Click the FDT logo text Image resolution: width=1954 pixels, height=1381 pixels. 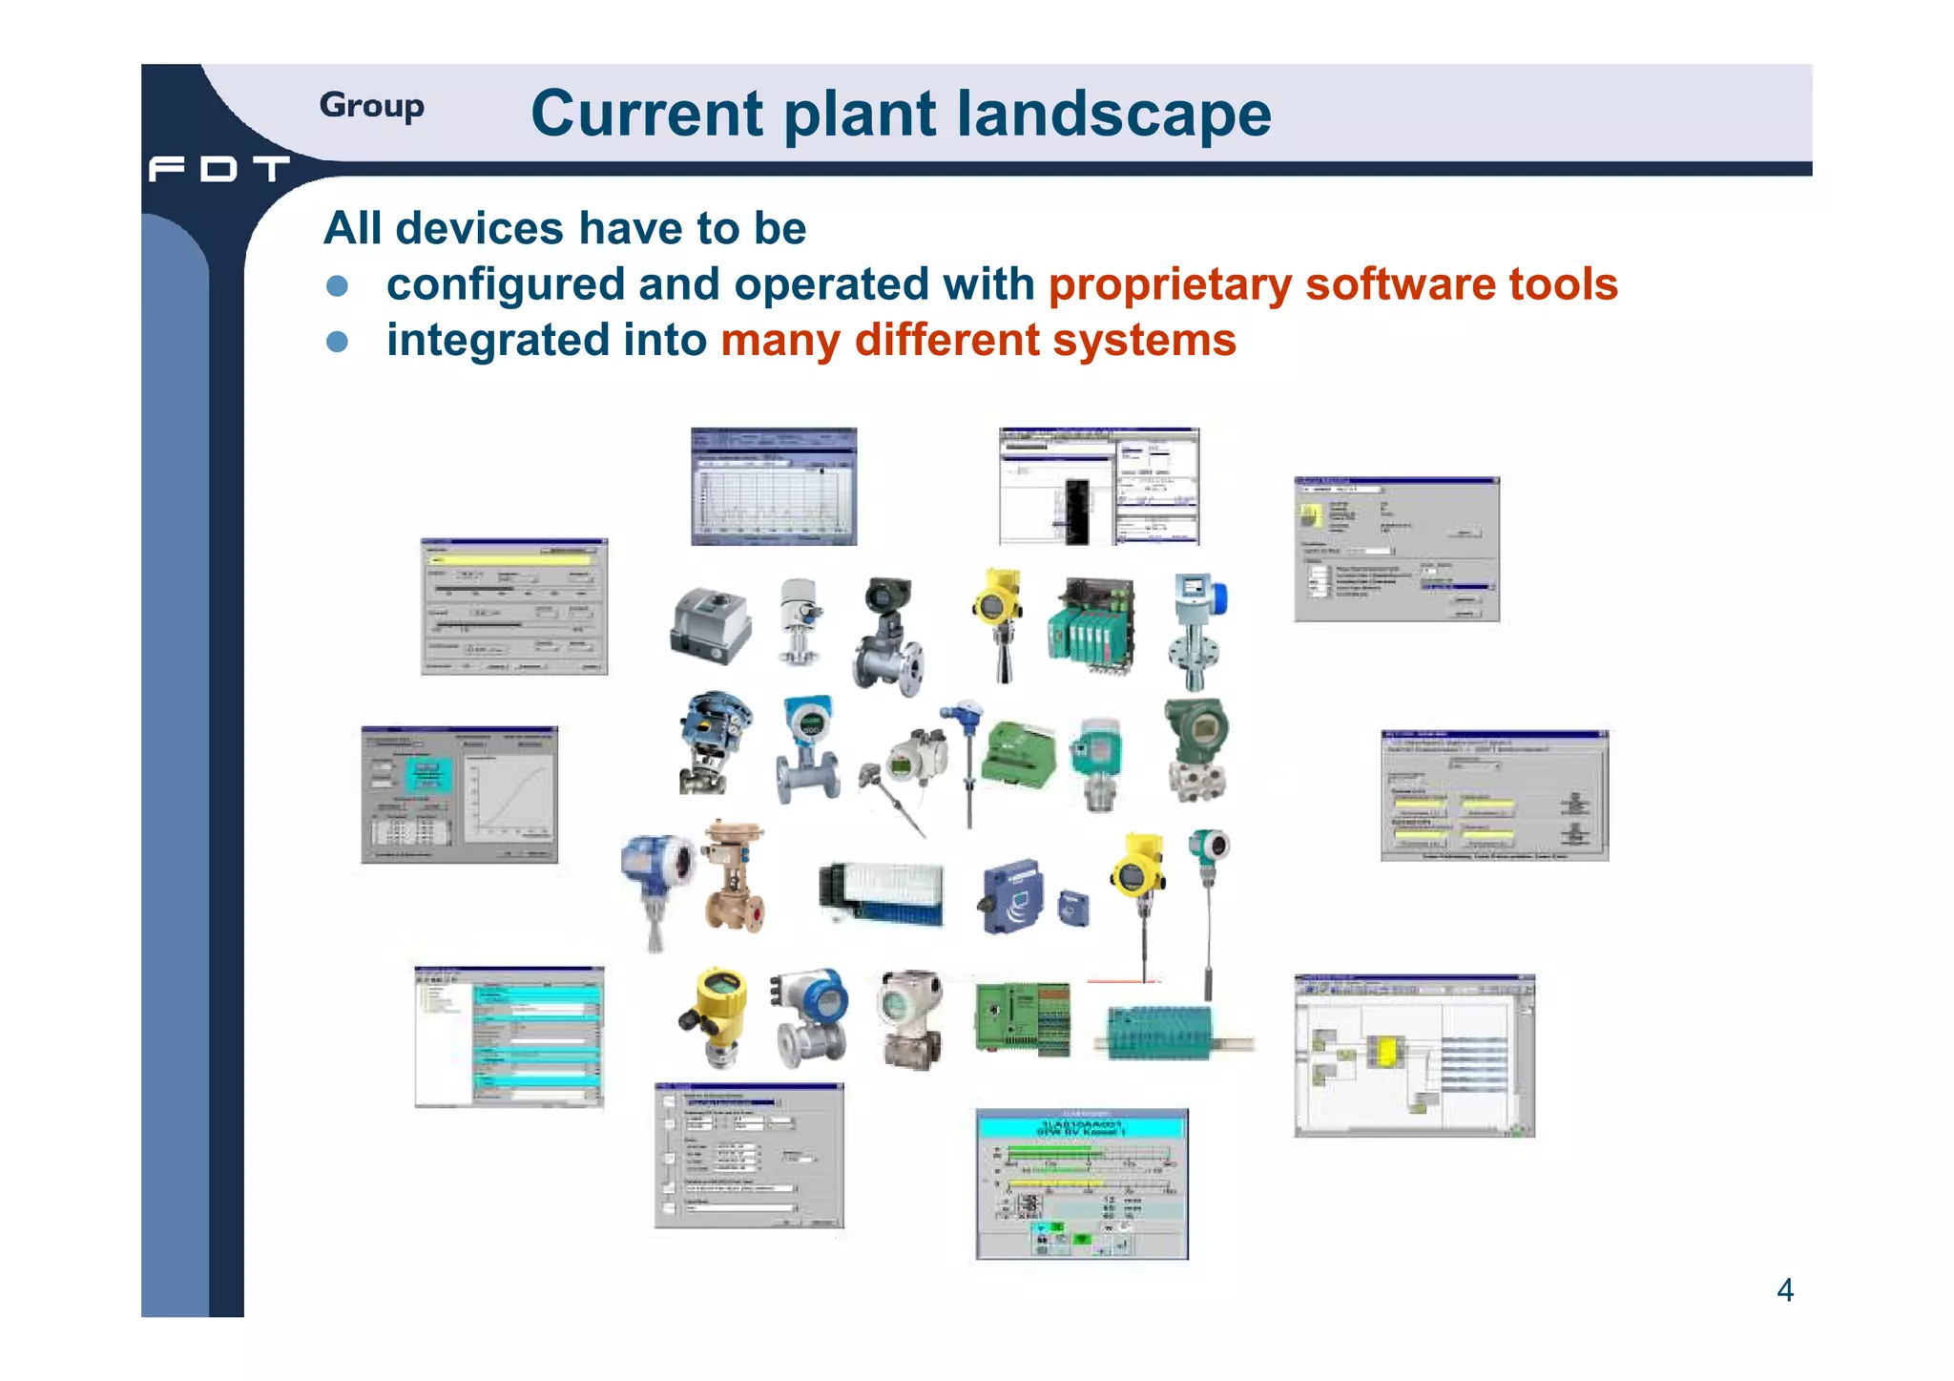coord(218,169)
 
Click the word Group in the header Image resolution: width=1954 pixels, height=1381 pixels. coord(371,105)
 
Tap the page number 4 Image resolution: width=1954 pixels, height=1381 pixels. coord(1784,1290)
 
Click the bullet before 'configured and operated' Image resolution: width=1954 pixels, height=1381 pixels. coord(337,286)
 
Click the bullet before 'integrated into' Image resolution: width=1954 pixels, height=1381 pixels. coord(337,342)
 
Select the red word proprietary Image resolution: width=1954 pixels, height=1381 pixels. coord(1170,284)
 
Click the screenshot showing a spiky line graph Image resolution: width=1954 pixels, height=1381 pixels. coord(773,487)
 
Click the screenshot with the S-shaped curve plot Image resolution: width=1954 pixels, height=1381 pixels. coord(459,794)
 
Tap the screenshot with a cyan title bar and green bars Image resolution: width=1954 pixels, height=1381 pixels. coord(1081,1183)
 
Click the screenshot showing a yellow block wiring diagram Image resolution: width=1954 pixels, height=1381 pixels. coord(1413,1056)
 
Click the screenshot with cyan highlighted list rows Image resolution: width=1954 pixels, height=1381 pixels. coord(509,1036)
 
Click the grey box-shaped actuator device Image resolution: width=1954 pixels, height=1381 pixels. coord(710,625)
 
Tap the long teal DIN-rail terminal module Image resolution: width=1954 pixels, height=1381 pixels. coord(1164,1033)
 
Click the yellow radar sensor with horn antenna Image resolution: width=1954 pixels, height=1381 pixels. coord(998,620)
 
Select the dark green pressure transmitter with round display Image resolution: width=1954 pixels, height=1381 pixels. coord(1196,749)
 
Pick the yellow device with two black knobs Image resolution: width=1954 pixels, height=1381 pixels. coord(717,1014)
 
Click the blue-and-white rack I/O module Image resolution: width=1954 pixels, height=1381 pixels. coord(883,893)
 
